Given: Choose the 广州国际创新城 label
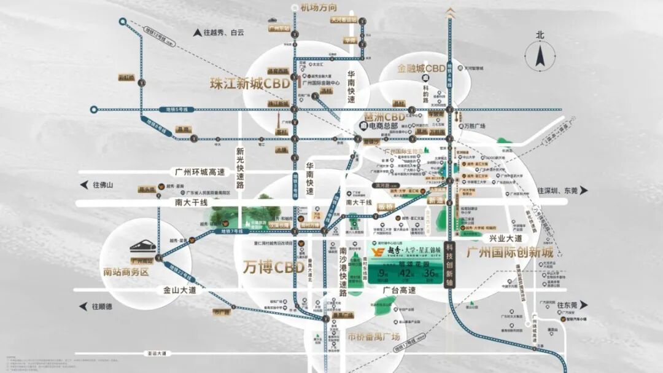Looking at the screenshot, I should [510, 253].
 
